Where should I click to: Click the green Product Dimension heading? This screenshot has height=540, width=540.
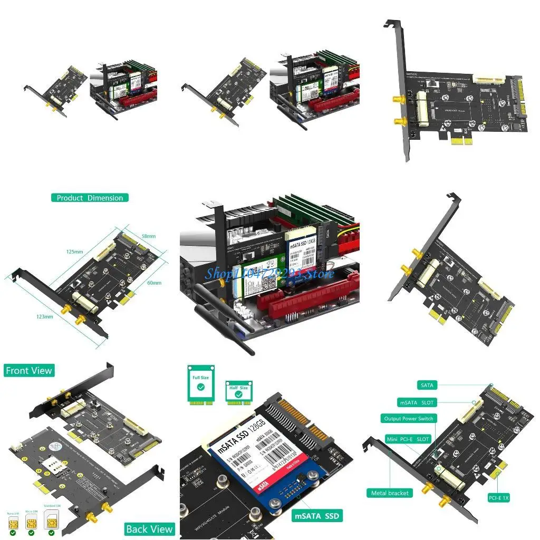pos(90,198)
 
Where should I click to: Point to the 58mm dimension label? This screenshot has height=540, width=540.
pos(148,236)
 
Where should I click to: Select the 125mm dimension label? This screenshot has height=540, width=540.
pos(75,252)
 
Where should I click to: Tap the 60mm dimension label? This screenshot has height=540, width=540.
pos(154,283)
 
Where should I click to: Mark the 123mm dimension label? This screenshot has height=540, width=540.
pos(45,316)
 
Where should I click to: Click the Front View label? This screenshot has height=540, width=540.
pos(29,371)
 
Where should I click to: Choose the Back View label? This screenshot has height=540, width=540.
pos(149,529)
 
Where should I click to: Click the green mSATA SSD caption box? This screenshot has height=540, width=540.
pos(316,516)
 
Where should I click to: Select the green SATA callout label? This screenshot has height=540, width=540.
pos(427,385)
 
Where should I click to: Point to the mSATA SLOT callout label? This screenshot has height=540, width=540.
pos(416,403)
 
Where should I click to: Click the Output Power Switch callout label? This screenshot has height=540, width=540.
pos(408,419)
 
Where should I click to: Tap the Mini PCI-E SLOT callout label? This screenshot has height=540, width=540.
pos(408,439)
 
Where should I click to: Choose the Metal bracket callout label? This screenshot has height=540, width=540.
pos(390,493)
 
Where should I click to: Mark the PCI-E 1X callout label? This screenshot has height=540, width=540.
pos(498,497)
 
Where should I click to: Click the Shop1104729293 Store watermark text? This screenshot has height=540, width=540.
pos(269,273)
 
